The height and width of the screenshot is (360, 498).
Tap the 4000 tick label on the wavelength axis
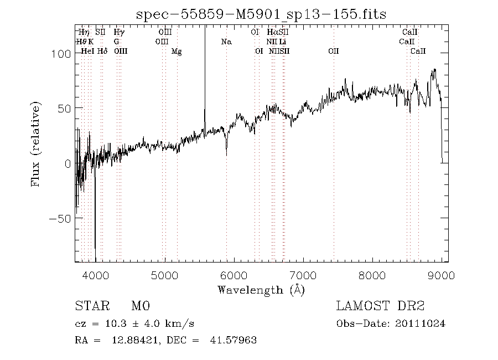click(x=95, y=274)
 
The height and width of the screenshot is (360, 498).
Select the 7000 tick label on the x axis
click(x=303, y=274)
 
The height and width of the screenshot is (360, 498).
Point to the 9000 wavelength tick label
click(x=441, y=274)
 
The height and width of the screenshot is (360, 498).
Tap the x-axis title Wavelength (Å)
click(x=261, y=289)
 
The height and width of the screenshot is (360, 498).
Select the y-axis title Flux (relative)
click(x=37, y=143)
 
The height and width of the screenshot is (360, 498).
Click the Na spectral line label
click(x=226, y=42)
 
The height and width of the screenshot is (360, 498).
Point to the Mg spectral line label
click(x=177, y=51)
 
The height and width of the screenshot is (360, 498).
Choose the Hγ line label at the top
click(x=119, y=32)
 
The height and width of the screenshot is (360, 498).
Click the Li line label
click(x=282, y=42)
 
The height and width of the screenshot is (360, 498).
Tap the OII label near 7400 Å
click(x=333, y=51)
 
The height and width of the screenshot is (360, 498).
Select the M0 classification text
click(x=141, y=307)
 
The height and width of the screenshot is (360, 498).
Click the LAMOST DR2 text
click(x=380, y=307)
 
